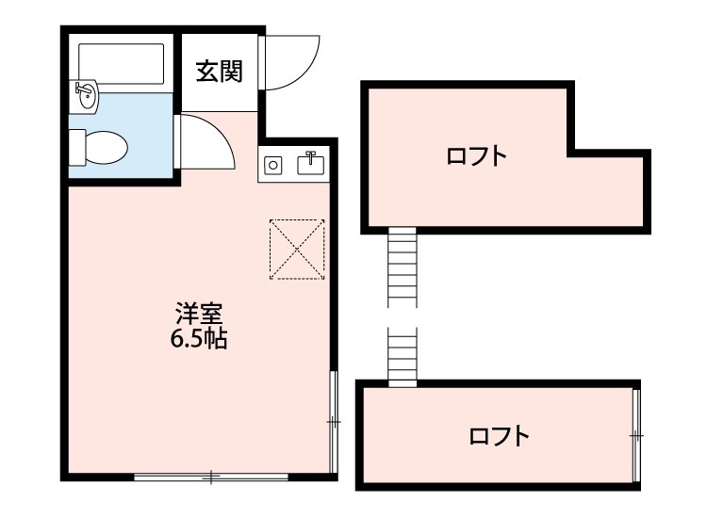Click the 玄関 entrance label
219,72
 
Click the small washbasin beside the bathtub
85,93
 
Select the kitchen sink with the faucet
310,165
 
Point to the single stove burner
272,166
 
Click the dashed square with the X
297,250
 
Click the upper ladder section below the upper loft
402,267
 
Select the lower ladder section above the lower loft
402,355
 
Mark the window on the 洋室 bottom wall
212,477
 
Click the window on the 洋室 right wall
333,421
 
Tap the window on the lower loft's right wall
636,435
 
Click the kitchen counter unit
293,165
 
